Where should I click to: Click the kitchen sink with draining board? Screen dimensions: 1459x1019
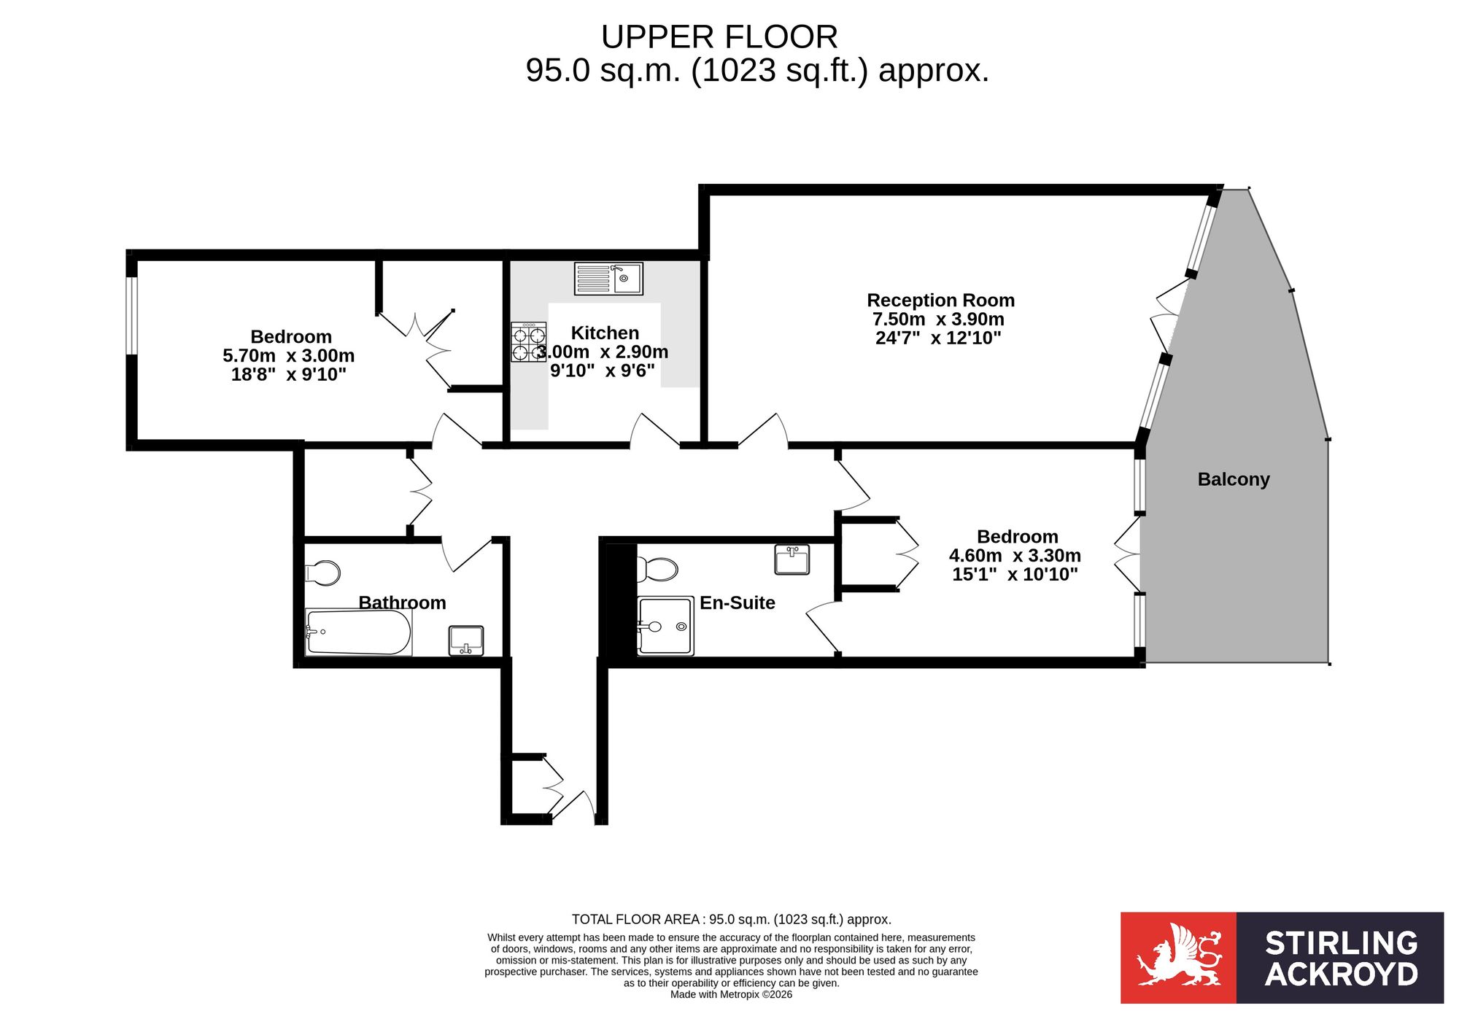point(608,279)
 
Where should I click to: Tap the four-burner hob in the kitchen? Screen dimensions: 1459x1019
point(528,343)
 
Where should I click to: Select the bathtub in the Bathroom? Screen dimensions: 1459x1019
point(358,632)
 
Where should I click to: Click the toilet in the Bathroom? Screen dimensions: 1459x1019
point(322,573)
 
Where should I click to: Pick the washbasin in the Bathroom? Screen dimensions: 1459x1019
point(466,640)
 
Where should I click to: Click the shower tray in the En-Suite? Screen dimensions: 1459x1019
point(665,627)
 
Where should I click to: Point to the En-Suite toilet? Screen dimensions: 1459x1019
point(657,569)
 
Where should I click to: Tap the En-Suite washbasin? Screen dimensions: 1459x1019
point(792,559)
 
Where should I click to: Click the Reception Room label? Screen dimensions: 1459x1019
point(940,301)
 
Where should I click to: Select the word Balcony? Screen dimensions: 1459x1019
point(1234,479)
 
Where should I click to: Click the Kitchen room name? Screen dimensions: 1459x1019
point(605,333)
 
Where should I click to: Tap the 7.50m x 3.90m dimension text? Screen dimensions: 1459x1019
point(938,319)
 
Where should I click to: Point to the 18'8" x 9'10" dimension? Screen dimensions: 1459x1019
point(288,375)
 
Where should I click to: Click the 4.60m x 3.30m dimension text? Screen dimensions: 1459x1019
point(1015,556)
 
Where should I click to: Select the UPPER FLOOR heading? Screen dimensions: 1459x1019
point(719,37)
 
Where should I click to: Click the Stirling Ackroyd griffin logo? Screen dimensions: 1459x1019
point(1178,957)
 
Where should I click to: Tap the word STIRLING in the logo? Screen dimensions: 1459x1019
point(1341,943)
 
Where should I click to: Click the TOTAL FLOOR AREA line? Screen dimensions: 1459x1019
point(731,920)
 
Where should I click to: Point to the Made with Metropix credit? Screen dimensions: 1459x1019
point(731,995)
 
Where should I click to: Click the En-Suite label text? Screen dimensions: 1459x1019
point(737,603)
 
